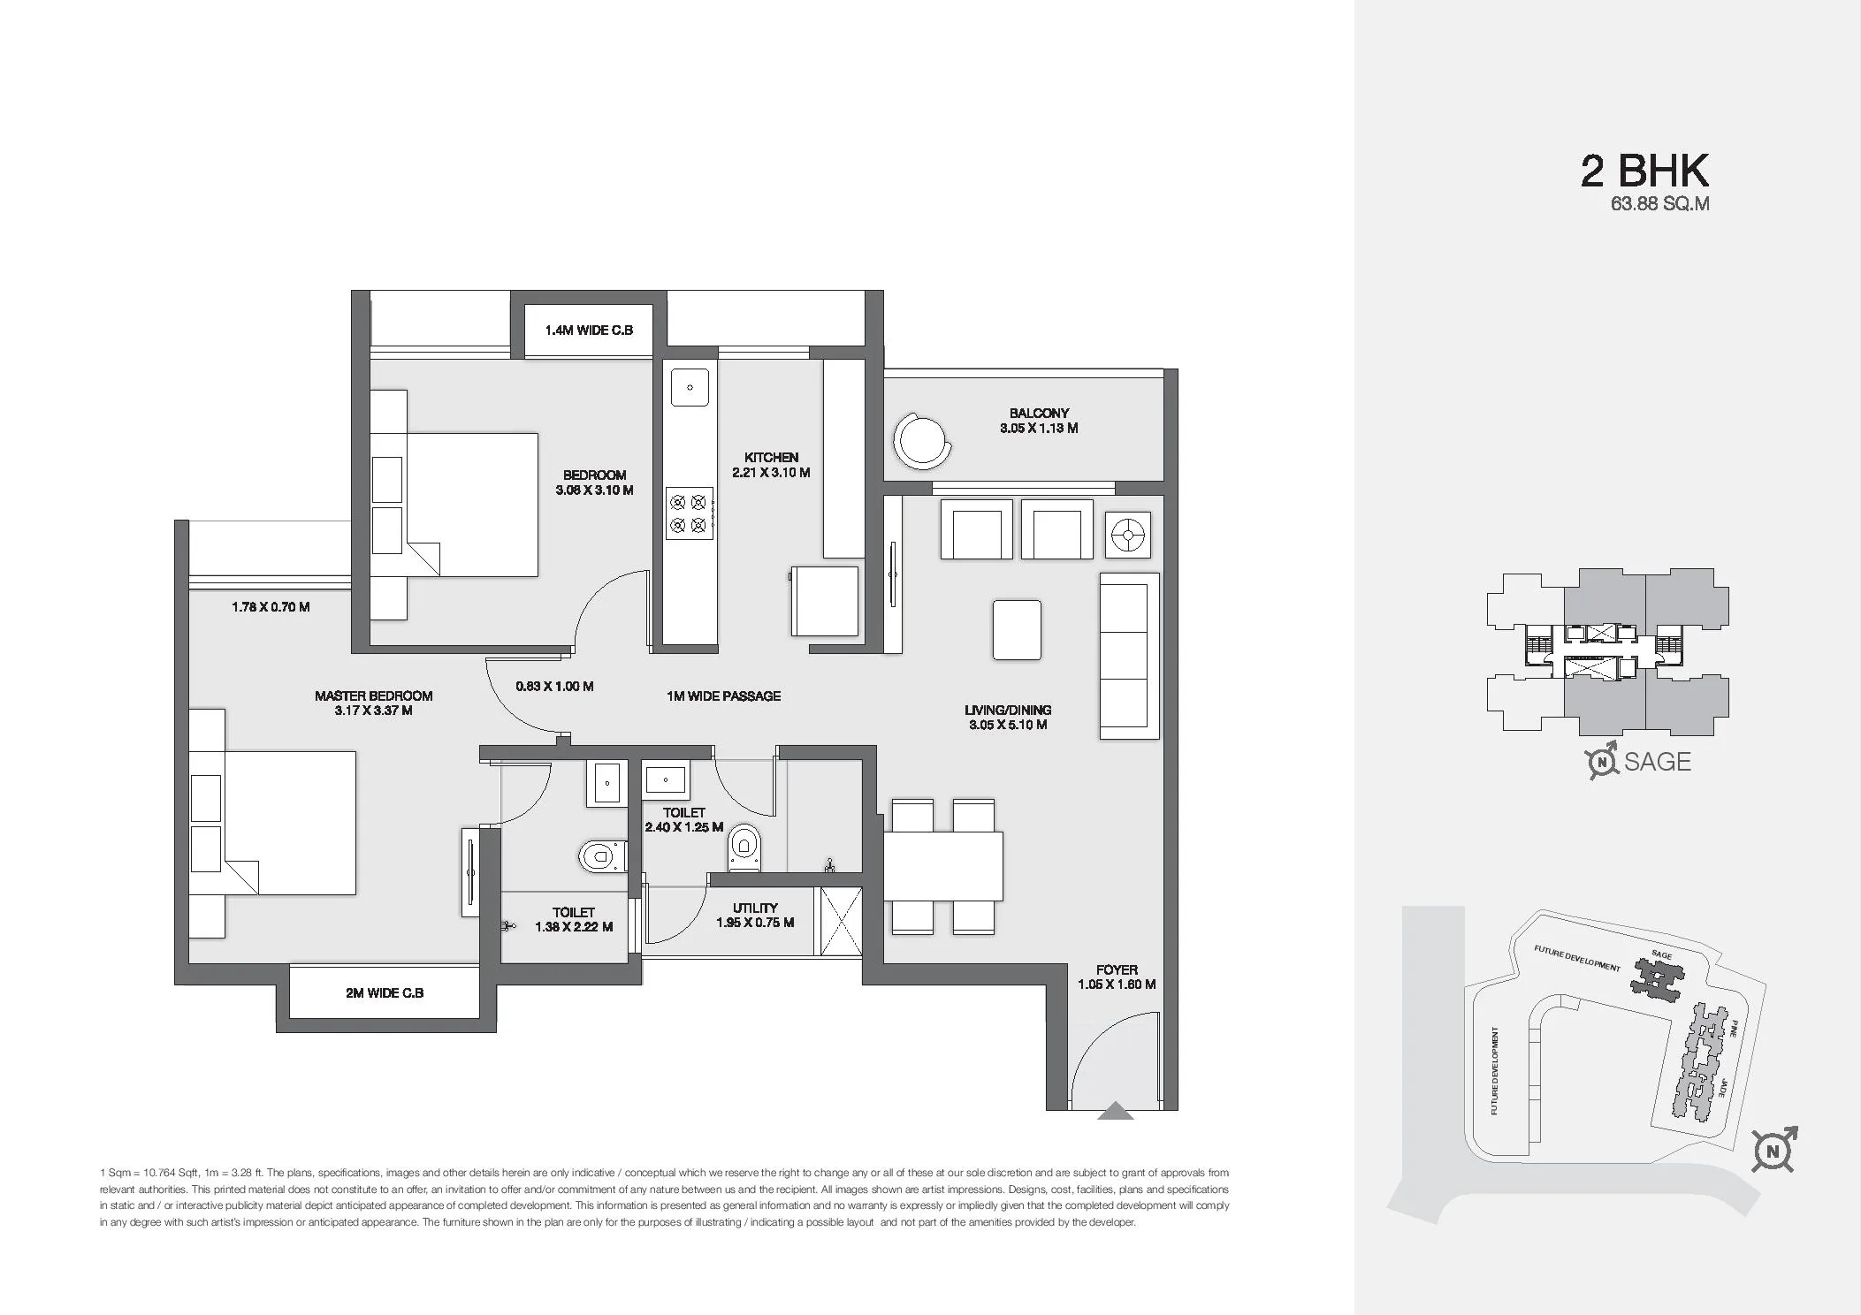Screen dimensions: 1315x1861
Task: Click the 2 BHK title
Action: [x=1644, y=171]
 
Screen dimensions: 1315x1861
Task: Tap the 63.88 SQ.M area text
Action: [x=1659, y=204]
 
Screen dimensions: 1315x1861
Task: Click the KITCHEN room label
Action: [x=771, y=458]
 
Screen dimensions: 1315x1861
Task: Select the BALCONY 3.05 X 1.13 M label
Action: [x=1039, y=421]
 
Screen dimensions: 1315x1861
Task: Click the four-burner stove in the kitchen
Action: [x=690, y=513]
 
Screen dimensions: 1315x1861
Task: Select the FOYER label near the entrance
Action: [x=1117, y=969]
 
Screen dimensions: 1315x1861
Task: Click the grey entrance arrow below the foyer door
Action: [x=1115, y=1112]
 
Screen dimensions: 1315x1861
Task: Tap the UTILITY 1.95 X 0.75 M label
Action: [x=755, y=915]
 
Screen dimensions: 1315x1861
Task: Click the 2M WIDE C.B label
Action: [x=385, y=992]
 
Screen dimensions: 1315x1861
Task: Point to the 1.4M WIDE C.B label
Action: [x=589, y=331]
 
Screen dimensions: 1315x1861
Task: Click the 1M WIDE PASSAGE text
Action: [x=723, y=696]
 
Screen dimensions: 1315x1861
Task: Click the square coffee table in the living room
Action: [x=1017, y=629]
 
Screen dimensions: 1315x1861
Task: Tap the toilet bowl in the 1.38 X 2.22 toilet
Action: [x=601, y=855]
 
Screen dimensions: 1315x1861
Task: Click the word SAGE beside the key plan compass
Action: [x=1657, y=762]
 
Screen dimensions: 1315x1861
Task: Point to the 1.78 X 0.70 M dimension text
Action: [x=271, y=607]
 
